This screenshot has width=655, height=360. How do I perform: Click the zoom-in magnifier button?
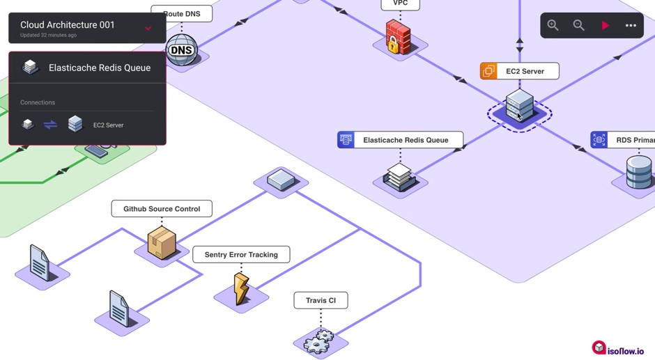tap(553, 25)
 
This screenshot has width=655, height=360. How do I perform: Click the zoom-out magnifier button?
tap(578, 25)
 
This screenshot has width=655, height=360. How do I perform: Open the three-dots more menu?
tap(631, 26)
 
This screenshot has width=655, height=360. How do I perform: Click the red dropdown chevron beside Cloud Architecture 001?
tap(148, 29)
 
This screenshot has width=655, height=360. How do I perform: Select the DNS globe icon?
tap(181, 50)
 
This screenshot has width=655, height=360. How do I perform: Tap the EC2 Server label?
tap(525, 71)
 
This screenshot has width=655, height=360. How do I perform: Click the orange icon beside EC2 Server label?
tap(488, 71)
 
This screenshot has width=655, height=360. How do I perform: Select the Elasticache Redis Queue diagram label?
tap(405, 140)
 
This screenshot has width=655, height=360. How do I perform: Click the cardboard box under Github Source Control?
tap(162, 242)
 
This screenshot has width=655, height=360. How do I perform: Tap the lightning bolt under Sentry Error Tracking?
tap(241, 288)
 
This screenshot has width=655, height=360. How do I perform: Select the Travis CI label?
tap(321, 301)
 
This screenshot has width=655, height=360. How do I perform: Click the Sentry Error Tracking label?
tap(241, 255)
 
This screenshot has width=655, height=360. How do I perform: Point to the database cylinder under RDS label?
tap(638, 173)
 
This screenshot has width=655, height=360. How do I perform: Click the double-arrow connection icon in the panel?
tap(50, 125)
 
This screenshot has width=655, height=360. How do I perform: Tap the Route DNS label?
tap(182, 14)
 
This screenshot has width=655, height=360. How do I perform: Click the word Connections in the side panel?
tap(38, 102)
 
